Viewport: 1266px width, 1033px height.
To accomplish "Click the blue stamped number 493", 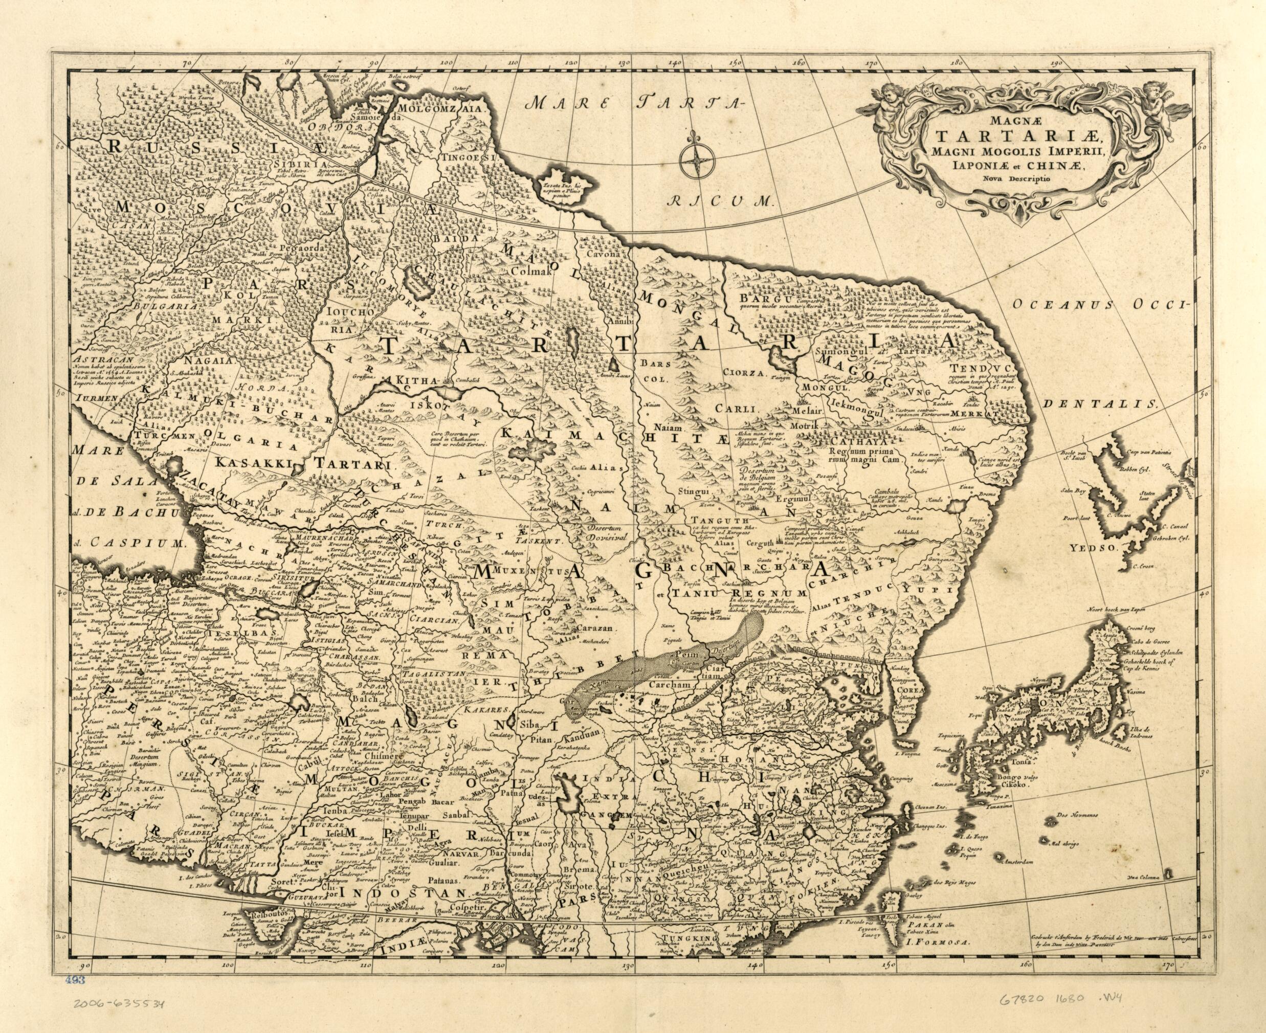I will click(77, 997).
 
